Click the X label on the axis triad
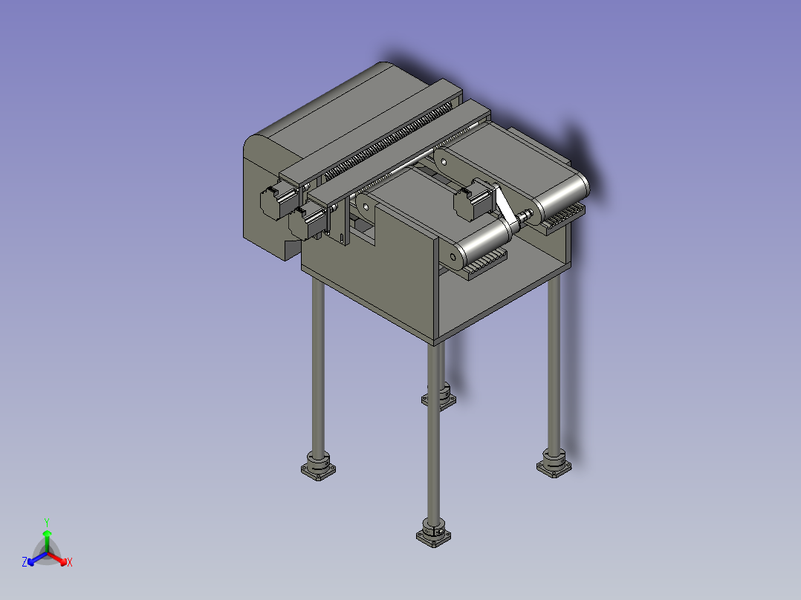70,562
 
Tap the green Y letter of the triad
47,522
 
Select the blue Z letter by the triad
25,562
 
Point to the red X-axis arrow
57,559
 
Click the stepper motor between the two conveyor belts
473,200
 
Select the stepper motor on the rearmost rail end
279,200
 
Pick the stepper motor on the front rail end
308,220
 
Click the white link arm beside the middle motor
504,204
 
